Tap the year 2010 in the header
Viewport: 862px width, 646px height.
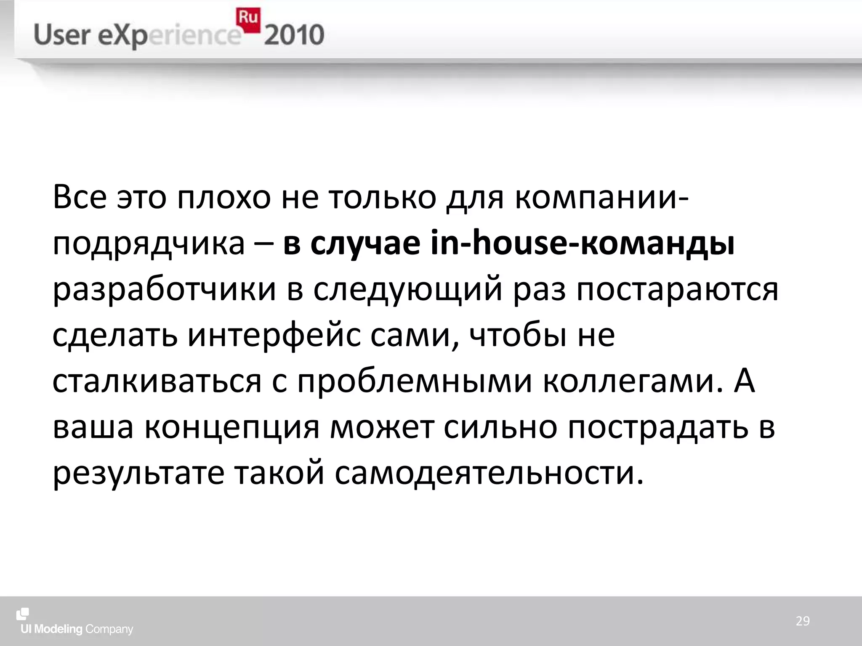tap(294, 35)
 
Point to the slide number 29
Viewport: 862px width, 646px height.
tap(803, 621)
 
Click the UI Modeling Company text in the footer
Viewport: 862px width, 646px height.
tap(77, 629)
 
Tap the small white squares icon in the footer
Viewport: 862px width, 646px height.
tap(22, 614)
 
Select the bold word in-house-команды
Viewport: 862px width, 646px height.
tap(583, 244)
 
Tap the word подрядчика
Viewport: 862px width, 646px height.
tap(149, 244)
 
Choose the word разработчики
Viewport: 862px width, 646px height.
tap(165, 291)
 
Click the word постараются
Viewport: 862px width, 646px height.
tap(677, 291)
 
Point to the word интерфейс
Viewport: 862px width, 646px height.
tap(274, 336)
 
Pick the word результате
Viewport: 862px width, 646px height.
tap(138, 474)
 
